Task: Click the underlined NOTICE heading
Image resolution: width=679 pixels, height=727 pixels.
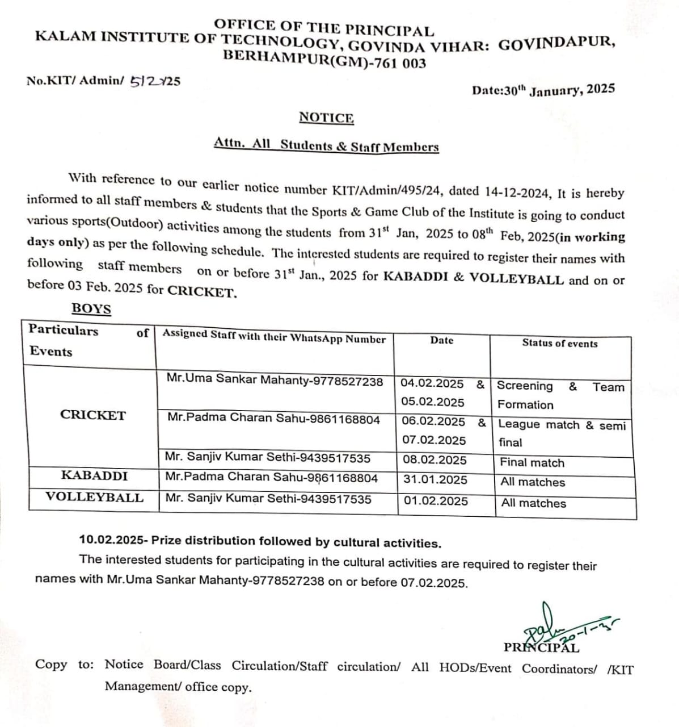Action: coord(326,118)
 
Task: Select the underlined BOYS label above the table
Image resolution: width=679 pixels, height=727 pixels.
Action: coord(91,309)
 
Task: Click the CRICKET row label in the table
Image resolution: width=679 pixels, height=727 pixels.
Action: coord(92,415)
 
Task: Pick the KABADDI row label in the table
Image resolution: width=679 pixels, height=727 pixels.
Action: coord(94,475)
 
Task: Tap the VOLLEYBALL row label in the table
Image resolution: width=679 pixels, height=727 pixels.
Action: coord(94,498)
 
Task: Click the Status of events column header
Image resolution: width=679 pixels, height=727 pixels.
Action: coord(559,343)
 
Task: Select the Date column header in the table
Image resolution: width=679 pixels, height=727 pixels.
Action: coord(441,340)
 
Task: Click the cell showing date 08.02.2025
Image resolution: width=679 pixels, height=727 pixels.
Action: coord(435,460)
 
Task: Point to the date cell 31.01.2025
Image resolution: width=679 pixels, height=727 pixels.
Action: coord(435,479)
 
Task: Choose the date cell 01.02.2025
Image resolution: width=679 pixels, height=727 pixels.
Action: coord(436,501)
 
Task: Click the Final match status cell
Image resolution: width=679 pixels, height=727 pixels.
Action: coord(532,463)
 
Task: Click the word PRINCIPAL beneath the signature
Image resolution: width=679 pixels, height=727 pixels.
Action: coord(541,647)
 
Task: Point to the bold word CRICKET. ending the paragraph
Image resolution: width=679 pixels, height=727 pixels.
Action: coord(202,292)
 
